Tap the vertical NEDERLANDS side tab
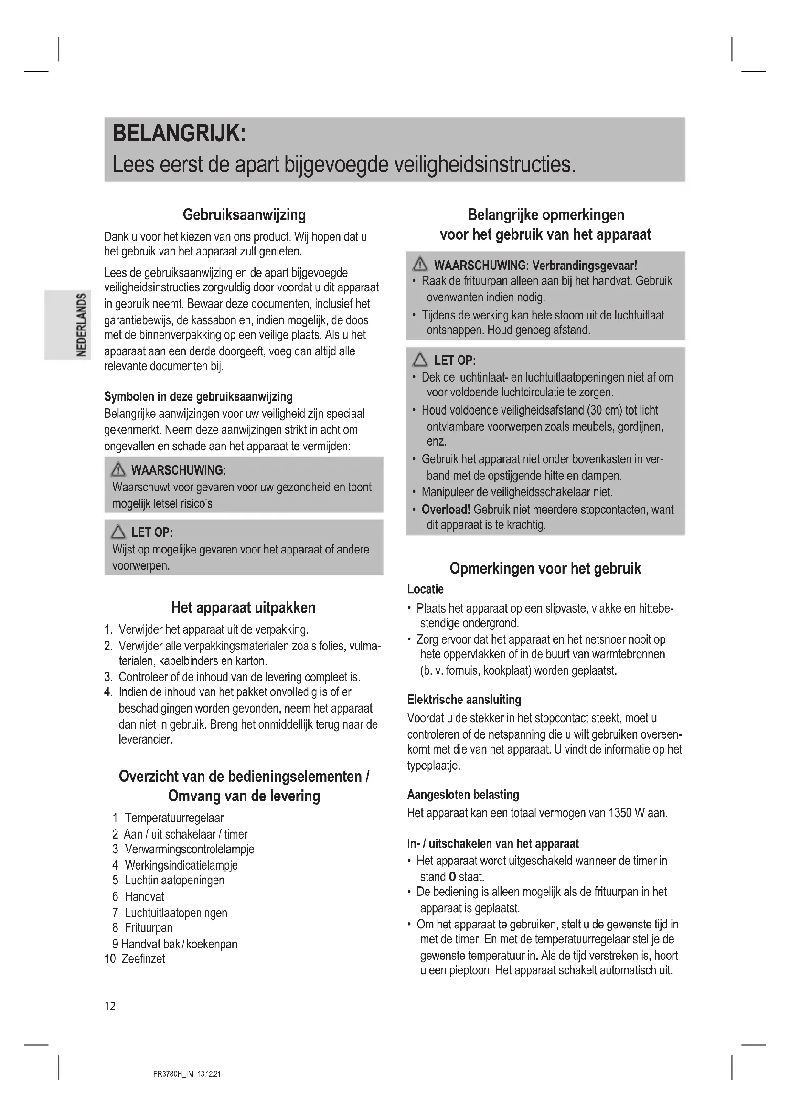[x=82, y=324]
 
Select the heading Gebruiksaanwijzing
[x=244, y=214]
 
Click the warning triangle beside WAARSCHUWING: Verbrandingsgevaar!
[x=420, y=265]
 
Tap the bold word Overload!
[x=446, y=510]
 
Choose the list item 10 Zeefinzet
[x=135, y=958]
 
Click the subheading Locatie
[x=425, y=589]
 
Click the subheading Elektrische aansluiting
[x=464, y=700]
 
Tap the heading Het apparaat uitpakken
[x=244, y=607]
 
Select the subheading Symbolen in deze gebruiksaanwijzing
[x=199, y=396]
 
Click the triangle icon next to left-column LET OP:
[x=118, y=532]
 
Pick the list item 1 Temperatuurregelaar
[x=168, y=818]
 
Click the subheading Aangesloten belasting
[x=463, y=795]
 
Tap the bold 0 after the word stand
[x=452, y=877]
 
